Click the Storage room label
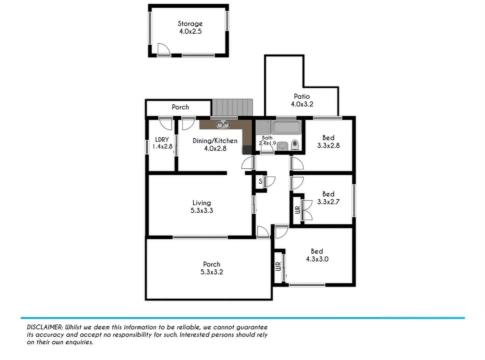(190, 24)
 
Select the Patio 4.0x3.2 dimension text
(302, 104)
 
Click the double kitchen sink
(223, 125)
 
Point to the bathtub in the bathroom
(286, 127)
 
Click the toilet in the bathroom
(295, 145)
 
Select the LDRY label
(162, 140)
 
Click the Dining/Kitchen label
(215, 141)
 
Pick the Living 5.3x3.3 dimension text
(202, 211)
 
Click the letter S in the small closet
(260, 182)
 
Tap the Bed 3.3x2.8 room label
(328, 138)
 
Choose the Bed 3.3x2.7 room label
(328, 194)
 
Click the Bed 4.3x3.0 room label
(317, 251)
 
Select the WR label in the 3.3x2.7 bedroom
(297, 210)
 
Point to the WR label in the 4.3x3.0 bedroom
(278, 266)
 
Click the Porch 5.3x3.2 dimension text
(212, 272)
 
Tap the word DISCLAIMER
(45, 327)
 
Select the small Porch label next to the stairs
(180, 107)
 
